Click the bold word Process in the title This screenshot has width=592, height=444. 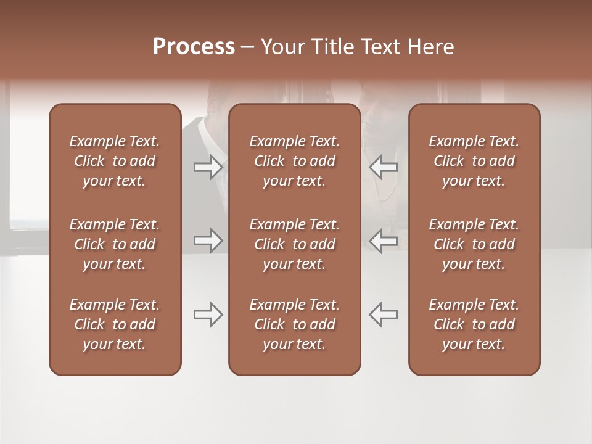[194, 47]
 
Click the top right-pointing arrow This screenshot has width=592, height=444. [208, 167]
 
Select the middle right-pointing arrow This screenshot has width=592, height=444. [208, 240]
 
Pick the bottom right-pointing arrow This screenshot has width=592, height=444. [208, 314]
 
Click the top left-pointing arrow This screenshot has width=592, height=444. [384, 167]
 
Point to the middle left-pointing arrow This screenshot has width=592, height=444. [384, 240]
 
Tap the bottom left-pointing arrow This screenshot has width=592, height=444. [384, 314]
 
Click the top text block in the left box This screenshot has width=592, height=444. [115, 161]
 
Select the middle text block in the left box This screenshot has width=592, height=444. [115, 244]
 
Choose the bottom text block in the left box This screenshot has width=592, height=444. [115, 324]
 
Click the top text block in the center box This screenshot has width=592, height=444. [294, 161]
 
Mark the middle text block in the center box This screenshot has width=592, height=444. [294, 244]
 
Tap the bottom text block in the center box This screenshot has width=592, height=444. [294, 324]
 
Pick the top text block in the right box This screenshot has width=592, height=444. [474, 161]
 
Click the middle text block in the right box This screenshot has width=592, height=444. [474, 244]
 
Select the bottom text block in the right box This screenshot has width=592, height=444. [474, 324]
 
